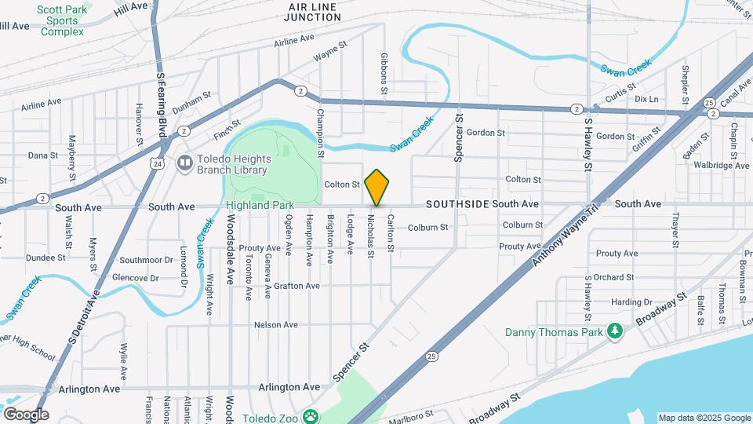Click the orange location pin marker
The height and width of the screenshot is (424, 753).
[x=377, y=187]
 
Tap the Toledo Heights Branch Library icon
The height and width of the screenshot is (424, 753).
[x=185, y=163]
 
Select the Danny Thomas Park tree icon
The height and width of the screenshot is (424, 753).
[x=617, y=332]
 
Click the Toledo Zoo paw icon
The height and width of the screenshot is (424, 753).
[x=311, y=417]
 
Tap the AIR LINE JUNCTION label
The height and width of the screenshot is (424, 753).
[x=312, y=12]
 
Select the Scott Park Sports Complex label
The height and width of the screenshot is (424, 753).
[x=62, y=20]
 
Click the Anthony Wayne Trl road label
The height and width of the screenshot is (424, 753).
[x=565, y=234]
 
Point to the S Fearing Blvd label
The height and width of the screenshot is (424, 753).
[x=161, y=102]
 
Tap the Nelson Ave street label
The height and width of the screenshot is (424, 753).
[x=276, y=325]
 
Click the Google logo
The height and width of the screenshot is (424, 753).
[x=26, y=415]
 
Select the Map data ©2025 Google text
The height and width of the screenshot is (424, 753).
[x=704, y=418]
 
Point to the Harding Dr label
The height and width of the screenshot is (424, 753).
[x=631, y=302]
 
